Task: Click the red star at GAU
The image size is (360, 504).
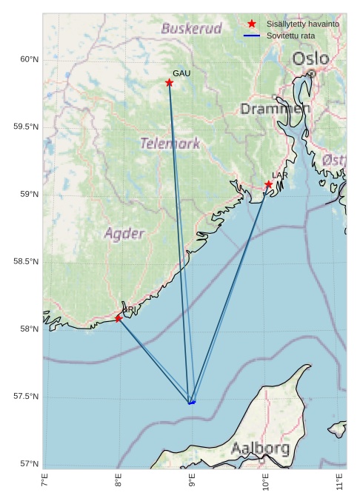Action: click(x=170, y=83)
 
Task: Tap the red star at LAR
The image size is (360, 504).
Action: click(x=269, y=184)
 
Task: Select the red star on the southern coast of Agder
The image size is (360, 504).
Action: click(x=119, y=318)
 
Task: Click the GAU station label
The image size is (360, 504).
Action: click(x=181, y=73)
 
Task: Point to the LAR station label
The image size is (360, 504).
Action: click(x=279, y=175)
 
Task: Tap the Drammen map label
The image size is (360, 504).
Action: click(x=275, y=109)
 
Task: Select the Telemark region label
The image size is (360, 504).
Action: click(x=170, y=143)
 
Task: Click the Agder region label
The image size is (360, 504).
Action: click(x=124, y=234)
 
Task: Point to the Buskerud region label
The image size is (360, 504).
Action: click(x=191, y=29)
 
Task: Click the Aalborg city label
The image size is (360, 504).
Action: click(x=260, y=448)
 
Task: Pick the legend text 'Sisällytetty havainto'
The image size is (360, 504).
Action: click(x=302, y=24)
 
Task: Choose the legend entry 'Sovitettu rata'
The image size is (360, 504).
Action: click(x=291, y=36)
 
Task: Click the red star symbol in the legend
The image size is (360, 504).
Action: click(x=252, y=24)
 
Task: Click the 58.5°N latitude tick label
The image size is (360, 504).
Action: click(x=26, y=262)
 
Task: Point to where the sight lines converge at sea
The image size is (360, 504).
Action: click(x=191, y=403)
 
